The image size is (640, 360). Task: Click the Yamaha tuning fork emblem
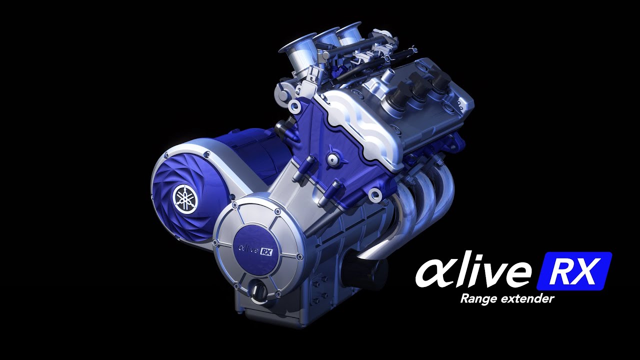pos(184,197)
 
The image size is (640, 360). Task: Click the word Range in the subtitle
pos(477,299)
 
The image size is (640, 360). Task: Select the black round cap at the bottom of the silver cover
pos(259,290)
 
